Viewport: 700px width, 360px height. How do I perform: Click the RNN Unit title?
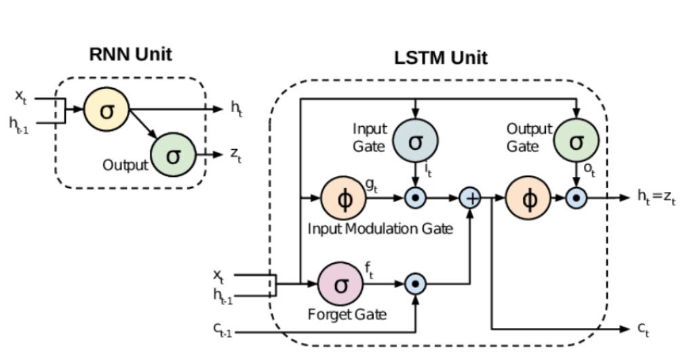pyautogui.click(x=131, y=54)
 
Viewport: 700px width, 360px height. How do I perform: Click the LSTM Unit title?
pyautogui.click(x=440, y=58)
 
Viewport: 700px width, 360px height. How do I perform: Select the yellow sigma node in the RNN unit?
pyautogui.click(x=106, y=110)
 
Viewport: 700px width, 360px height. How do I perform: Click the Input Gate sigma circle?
pyautogui.click(x=415, y=140)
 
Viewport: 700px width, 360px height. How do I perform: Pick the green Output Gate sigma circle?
pyautogui.click(x=576, y=140)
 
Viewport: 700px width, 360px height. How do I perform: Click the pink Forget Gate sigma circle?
pyautogui.click(x=341, y=284)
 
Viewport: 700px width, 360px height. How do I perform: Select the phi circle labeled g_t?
pyautogui.click(x=343, y=199)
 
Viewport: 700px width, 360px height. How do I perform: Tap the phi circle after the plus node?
pyautogui.click(x=530, y=198)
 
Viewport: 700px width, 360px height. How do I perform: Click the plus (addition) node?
pyautogui.click(x=470, y=198)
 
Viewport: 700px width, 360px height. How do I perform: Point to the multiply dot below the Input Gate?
pyautogui.click(x=415, y=198)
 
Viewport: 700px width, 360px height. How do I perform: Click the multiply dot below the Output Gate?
pyautogui.click(x=576, y=198)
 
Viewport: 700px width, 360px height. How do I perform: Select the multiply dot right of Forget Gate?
pyautogui.click(x=415, y=284)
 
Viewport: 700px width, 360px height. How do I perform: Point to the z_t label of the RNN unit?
pyautogui.click(x=235, y=155)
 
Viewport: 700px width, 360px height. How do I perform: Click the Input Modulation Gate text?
pyautogui.click(x=380, y=228)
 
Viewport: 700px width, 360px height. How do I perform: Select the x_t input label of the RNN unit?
pyautogui.click(x=21, y=97)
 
